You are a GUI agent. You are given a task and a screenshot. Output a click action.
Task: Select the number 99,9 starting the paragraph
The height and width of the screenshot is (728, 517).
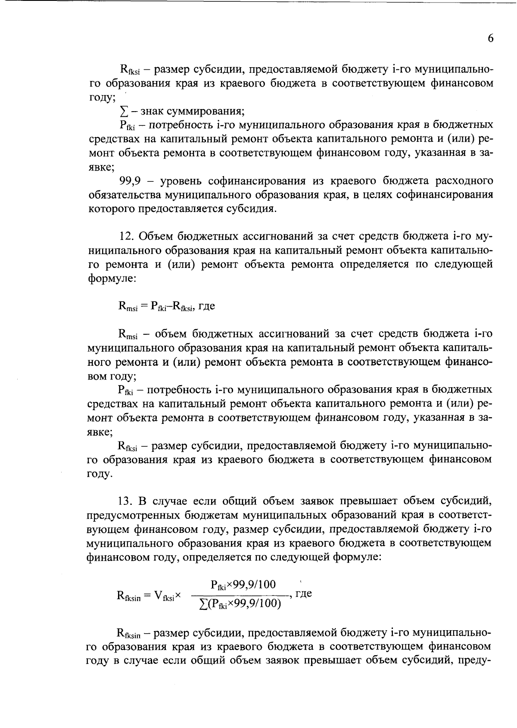tap(131, 180)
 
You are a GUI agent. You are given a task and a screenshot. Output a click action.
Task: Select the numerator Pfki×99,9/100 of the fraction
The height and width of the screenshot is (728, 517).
tap(243, 585)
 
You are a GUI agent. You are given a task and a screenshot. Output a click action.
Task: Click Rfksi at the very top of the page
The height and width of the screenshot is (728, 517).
tap(128, 70)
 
